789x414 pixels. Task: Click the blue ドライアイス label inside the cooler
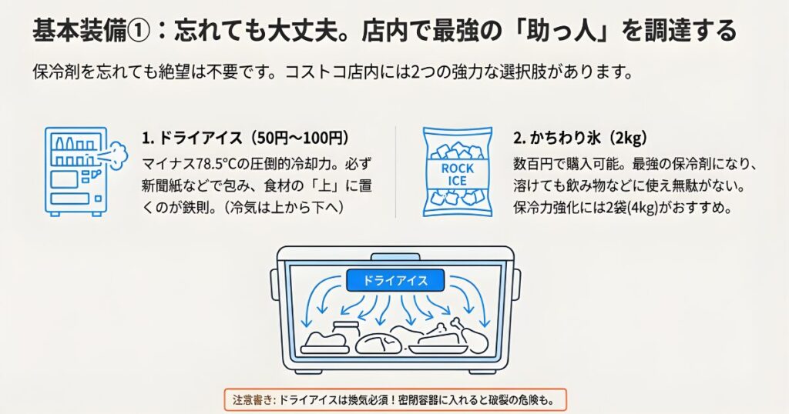394,280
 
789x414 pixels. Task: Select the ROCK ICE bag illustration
457,170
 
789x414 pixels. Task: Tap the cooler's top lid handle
394,256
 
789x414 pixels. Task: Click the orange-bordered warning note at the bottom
394,400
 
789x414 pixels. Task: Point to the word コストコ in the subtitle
310,74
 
